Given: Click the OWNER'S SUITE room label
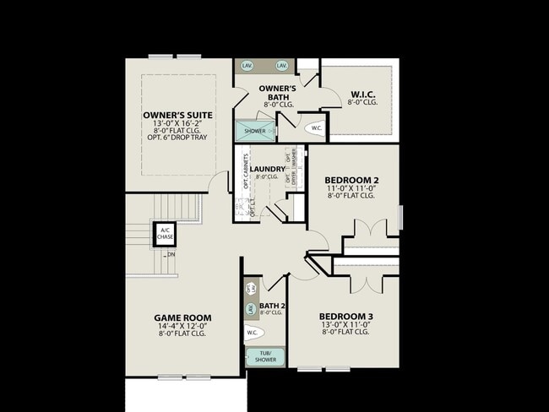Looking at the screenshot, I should coord(177,115).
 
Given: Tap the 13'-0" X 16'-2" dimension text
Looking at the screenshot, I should coord(177,124).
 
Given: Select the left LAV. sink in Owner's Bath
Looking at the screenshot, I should coord(247,65).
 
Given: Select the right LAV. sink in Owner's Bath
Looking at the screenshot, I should coord(282,65).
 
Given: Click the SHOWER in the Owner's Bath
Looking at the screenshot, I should coord(255,131).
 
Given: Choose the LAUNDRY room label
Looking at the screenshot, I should coord(267,169).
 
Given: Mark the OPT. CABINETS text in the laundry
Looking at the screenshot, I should coord(246,171).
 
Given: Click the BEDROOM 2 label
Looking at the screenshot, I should coord(351,180).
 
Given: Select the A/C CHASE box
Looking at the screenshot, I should coord(165,233).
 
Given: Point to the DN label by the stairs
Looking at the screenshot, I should coord(171,254).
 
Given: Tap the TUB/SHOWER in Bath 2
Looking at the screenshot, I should coord(265,357).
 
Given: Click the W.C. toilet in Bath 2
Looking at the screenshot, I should coord(253,333).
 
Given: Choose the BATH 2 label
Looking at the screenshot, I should coord(272,306).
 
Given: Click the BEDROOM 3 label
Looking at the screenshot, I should coord(346,316).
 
